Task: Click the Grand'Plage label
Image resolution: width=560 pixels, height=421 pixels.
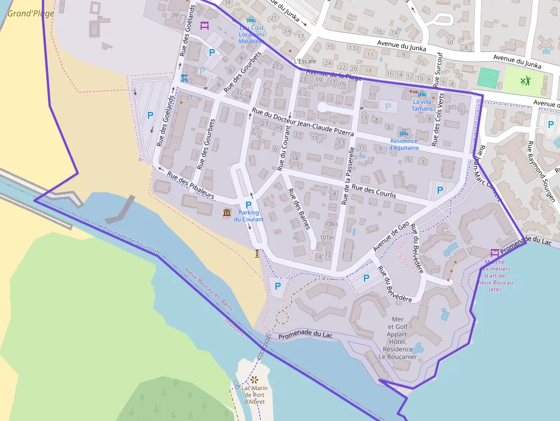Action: coord(31,13)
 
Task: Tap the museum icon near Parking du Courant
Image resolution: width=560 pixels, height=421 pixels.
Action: coord(227,213)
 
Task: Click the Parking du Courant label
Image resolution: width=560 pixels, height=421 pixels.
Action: coord(249,216)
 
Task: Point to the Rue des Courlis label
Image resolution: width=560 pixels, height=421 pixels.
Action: coord(374,191)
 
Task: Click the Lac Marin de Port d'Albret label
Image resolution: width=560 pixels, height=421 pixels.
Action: coord(254,395)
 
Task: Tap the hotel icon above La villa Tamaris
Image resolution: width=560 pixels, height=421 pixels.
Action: coord(422,94)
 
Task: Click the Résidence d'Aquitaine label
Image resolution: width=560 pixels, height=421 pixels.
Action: coord(404,144)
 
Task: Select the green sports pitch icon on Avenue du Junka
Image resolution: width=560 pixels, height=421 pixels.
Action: coord(525,81)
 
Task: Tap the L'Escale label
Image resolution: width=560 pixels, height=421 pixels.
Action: coord(305,61)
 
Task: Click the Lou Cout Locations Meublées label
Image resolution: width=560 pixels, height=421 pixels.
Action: coord(251,34)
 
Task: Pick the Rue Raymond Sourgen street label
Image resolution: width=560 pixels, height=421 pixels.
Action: coord(541,171)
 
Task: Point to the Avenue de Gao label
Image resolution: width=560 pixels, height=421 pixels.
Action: coord(391,237)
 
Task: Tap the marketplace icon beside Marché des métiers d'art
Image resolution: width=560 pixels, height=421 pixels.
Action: coord(494,252)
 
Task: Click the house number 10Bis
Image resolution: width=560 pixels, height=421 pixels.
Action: coord(330,224)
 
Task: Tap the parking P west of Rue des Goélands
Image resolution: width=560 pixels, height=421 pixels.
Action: coord(150,115)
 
